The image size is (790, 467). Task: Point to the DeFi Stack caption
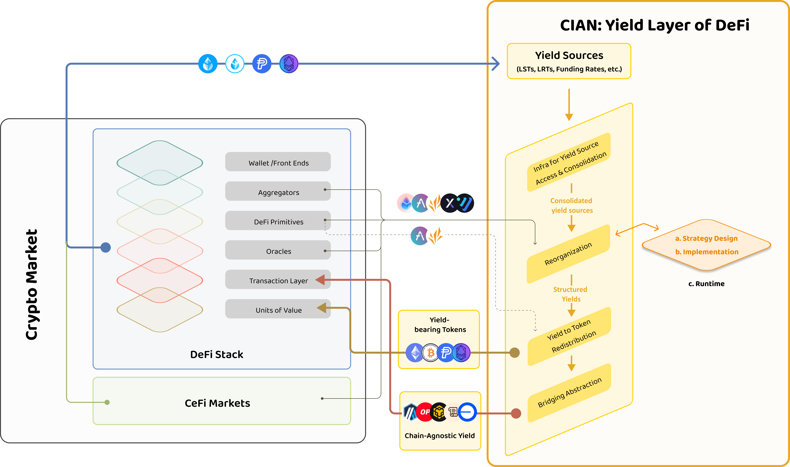pyautogui.click(x=216, y=354)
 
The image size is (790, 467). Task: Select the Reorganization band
pyautogui.click(x=568, y=254)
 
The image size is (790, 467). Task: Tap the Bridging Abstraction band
pyautogui.click(x=569, y=392)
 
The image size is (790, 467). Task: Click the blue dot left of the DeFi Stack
pyautogui.click(x=106, y=247)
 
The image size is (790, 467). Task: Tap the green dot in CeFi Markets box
pyautogui.click(x=107, y=402)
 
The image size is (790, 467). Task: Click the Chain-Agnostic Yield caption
pyautogui.click(x=439, y=436)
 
